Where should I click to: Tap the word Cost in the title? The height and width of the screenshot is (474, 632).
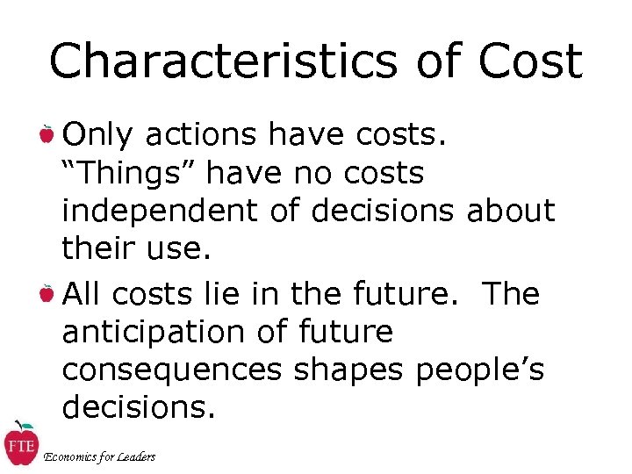[x=531, y=61]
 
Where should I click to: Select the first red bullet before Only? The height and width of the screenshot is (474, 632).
[x=47, y=135]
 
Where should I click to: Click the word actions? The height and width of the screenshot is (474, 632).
[x=202, y=135]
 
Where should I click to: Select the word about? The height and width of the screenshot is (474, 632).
[x=511, y=212]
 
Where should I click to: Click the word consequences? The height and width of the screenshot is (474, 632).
[x=172, y=370]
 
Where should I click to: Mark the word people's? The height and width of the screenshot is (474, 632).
[x=480, y=370]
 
